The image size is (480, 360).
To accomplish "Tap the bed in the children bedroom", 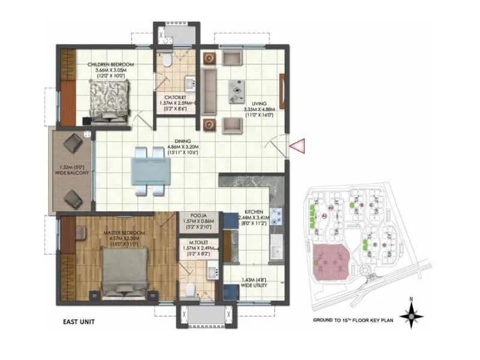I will point(110,99).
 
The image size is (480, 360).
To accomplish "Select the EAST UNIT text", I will point(79,321).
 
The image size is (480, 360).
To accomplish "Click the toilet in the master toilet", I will point(190,289).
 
